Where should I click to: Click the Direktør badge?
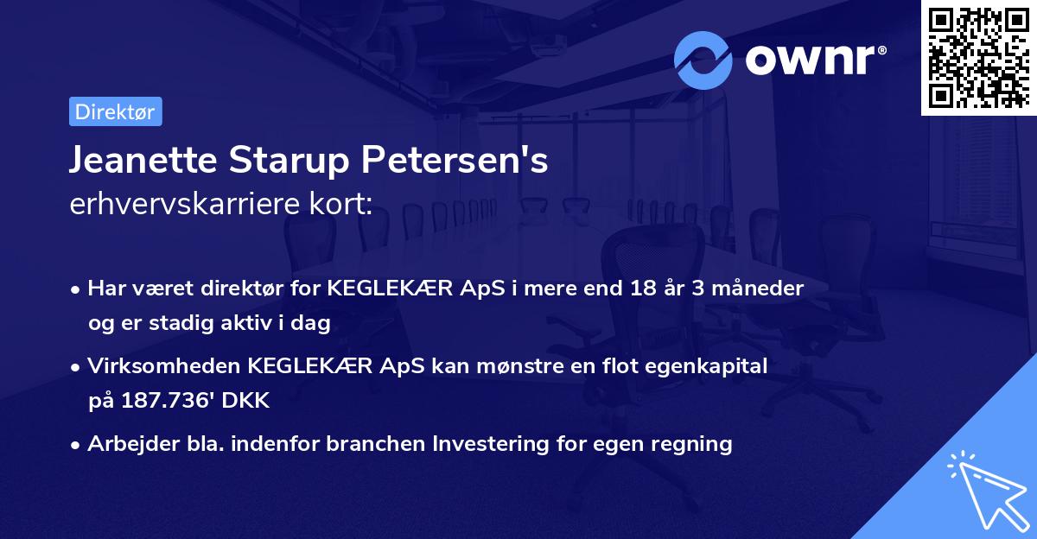[x=115, y=111]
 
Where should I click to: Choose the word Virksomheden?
[x=164, y=366]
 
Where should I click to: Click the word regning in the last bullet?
[x=693, y=444]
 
